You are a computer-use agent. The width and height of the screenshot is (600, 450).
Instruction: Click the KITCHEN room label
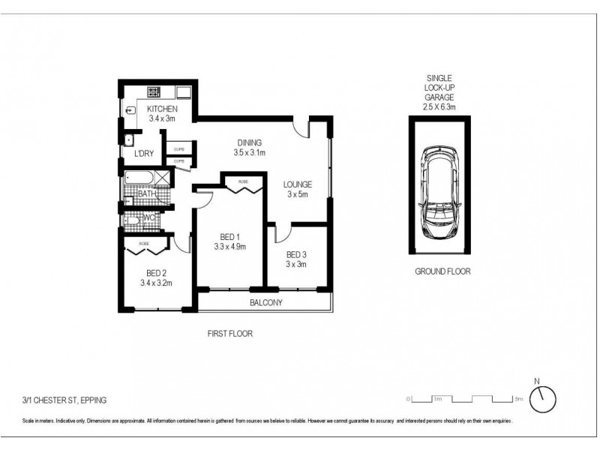point(162,109)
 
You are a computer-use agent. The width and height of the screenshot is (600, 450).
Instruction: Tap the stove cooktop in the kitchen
point(154,92)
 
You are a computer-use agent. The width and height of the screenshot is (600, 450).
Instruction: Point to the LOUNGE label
point(297,184)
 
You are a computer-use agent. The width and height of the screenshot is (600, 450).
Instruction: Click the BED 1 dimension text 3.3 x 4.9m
point(230,246)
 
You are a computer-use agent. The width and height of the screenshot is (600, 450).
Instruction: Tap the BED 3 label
point(296,253)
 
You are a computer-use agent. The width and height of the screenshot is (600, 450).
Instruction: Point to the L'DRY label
point(144,154)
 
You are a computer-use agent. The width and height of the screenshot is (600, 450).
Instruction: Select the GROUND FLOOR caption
point(442,271)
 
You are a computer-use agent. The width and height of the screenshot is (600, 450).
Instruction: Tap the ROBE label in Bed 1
point(244,181)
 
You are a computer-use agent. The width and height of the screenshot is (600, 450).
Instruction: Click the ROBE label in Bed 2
point(143,244)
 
